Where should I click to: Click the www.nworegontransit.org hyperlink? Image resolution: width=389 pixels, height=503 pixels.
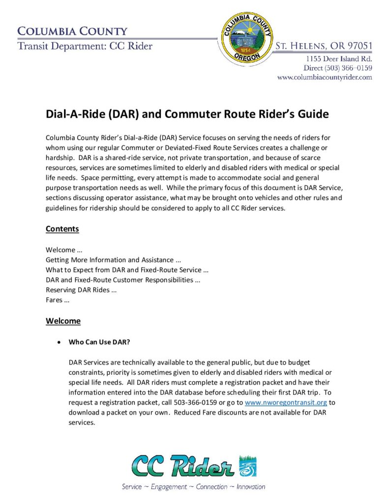[286, 402]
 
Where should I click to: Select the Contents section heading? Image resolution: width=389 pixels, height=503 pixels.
[62, 229]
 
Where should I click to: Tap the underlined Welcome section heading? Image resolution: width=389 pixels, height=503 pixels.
[63, 321]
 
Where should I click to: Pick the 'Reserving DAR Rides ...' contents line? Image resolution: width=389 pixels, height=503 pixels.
[81, 290]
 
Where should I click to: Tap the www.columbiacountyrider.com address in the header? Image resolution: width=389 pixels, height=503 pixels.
[324, 77]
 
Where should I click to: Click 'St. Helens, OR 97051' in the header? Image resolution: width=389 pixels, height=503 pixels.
[324, 46]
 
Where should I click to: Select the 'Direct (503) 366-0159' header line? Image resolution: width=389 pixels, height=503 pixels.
[338, 68]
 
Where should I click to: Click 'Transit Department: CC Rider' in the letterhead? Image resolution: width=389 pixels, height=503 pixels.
[85, 47]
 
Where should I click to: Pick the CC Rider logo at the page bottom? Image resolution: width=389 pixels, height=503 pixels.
[183, 466]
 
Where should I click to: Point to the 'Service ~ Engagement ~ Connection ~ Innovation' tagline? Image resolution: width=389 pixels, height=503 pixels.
[193, 487]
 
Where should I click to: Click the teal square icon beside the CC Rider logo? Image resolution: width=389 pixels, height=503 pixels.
[247, 466]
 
